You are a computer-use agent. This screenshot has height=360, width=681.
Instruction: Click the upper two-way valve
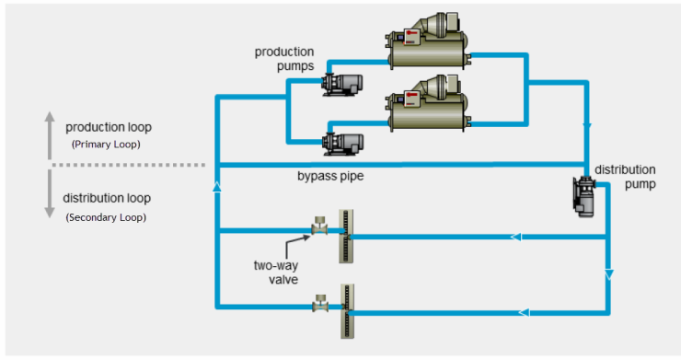point(319,225)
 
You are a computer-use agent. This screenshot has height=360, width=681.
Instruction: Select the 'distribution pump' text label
point(625,176)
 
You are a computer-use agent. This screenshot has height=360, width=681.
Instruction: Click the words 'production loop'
point(109,126)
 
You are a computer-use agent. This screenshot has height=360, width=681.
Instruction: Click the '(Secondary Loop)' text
point(106,217)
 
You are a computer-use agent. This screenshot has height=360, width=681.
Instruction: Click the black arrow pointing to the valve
point(297,247)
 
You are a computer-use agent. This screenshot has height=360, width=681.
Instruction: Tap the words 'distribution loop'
point(107,198)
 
